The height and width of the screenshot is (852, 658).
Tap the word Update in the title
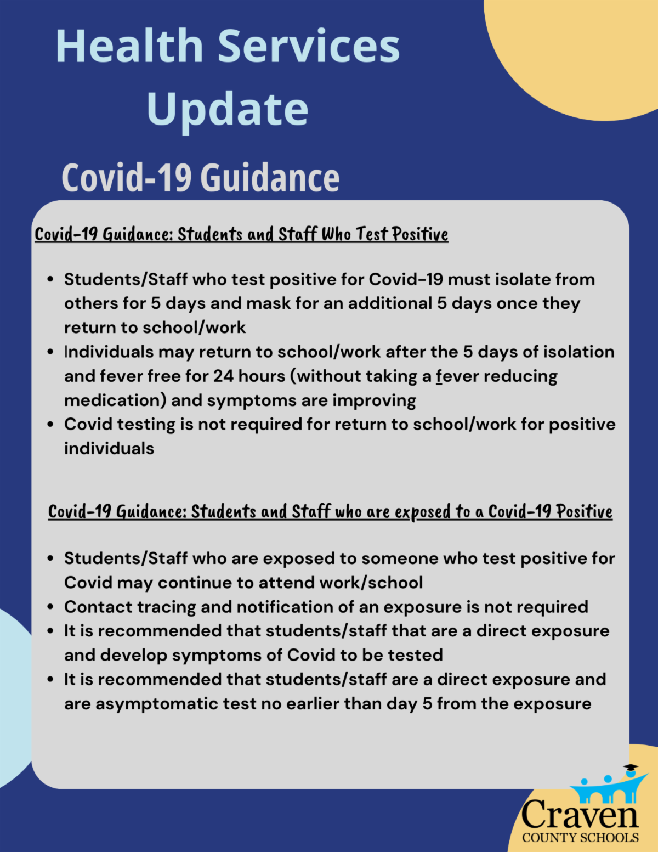[228, 110]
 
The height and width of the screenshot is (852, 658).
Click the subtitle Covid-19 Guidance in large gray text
[200, 178]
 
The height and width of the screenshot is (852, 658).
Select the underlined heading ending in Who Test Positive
[241, 234]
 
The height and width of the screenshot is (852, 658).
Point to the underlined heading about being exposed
[330, 512]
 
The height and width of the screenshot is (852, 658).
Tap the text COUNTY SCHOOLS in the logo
[580, 838]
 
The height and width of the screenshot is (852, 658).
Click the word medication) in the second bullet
[115, 400]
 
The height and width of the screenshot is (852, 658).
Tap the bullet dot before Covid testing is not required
[50, 425]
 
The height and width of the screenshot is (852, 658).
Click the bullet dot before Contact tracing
[50, 607]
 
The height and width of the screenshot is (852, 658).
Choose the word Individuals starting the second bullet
[109, 352]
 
